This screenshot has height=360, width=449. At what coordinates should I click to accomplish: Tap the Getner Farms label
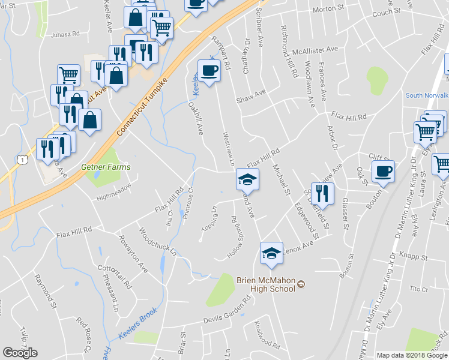(x=106, y=167)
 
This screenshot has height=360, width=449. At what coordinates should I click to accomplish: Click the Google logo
(x=20, y=353)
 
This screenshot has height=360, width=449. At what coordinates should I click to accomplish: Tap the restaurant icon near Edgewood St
(x=322, y=194)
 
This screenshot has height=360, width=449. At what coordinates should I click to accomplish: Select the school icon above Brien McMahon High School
(x=271, y=254)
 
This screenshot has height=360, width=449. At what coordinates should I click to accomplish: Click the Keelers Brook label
(x=137, y=324)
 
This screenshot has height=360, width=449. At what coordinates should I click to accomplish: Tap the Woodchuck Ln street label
(x=157, y=241)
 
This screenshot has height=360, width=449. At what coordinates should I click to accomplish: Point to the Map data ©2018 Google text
(x=411, y=355)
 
